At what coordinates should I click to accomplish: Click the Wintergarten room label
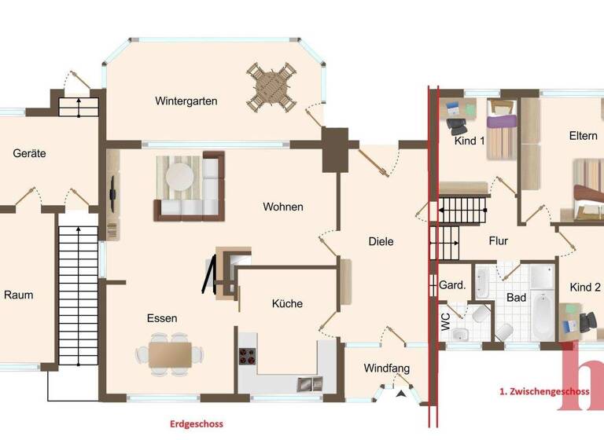(186, 101)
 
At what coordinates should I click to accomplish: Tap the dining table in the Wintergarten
(271, 86)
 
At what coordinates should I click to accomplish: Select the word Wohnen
(283, 207)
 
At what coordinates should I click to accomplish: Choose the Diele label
(381, 241)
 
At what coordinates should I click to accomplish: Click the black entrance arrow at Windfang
(403, 393)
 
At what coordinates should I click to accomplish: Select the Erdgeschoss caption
(197, 424)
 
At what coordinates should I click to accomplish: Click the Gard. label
(453, 284)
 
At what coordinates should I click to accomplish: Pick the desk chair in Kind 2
(587, 321)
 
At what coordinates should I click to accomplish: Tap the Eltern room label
(584, 136)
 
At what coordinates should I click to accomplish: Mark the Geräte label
(29, 153)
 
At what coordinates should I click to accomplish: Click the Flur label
(499, 241)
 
